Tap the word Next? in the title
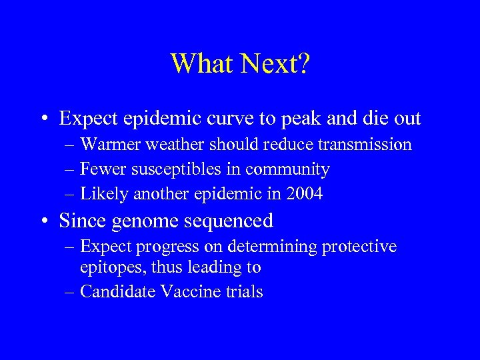coord(275,64)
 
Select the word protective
coord(360,247)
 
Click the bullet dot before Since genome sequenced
coord(44,220)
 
